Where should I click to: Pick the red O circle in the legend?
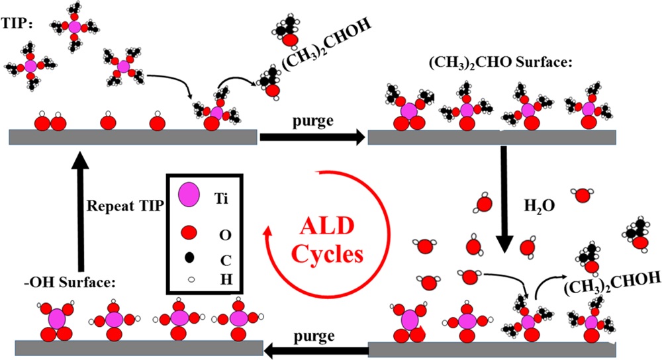coord(189,232)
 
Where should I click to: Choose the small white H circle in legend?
coord(189,281)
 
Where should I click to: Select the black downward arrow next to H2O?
coord(504,199)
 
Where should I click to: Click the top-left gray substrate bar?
coord(132,136)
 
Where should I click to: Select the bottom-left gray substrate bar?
coord(132,348)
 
